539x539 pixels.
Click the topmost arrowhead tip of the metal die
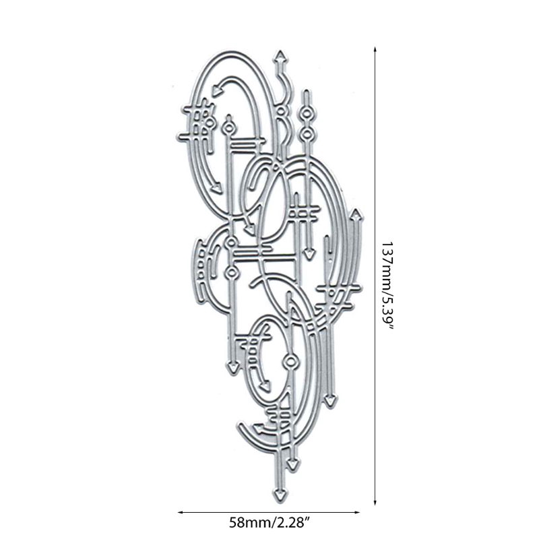coord(281,52)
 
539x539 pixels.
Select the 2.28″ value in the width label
coord(292,523)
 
